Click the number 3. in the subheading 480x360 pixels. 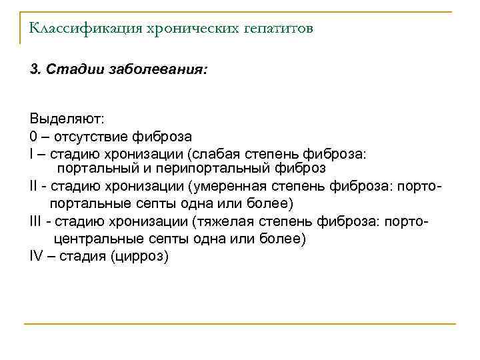click(36, 70)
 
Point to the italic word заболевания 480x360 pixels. click(161, 70)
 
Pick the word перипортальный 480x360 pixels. click(215, 168)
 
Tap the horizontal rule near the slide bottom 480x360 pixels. click(240, 324)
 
